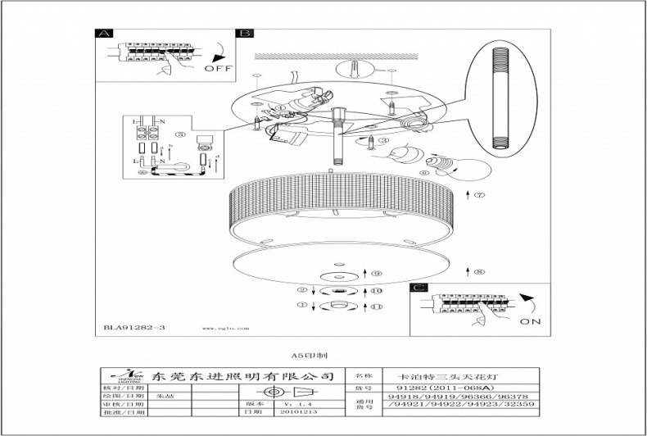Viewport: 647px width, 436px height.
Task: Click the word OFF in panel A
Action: (219, 69)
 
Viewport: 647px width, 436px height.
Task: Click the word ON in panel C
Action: (530, 322)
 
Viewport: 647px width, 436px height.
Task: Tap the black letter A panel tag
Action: (103, 34)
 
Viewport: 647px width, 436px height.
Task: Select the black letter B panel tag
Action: (244, 34)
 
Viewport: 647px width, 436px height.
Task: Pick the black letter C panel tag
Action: (419, 288)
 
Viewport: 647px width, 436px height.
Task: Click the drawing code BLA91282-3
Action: (135, 328)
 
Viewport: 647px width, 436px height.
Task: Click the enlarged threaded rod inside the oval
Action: (499, 98)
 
